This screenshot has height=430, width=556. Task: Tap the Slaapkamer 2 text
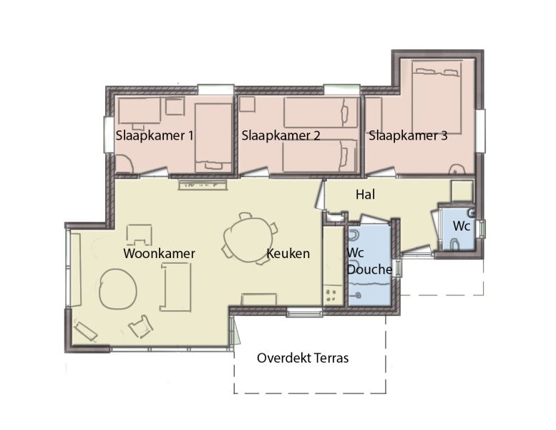pos(281,135)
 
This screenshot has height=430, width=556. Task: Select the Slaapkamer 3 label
pos(407,135)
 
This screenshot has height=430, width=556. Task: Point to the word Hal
pos(365,194)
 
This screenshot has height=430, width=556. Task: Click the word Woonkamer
pos(159,254)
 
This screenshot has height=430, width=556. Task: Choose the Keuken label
pos(288,254)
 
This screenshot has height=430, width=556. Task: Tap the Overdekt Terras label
pos(303,358)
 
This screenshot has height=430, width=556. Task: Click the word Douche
pos(369,269)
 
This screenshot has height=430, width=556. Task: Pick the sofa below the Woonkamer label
pos(175,287)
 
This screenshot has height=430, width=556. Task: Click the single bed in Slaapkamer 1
pos(213,136)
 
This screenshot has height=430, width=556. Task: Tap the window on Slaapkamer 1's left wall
pos(109,135)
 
